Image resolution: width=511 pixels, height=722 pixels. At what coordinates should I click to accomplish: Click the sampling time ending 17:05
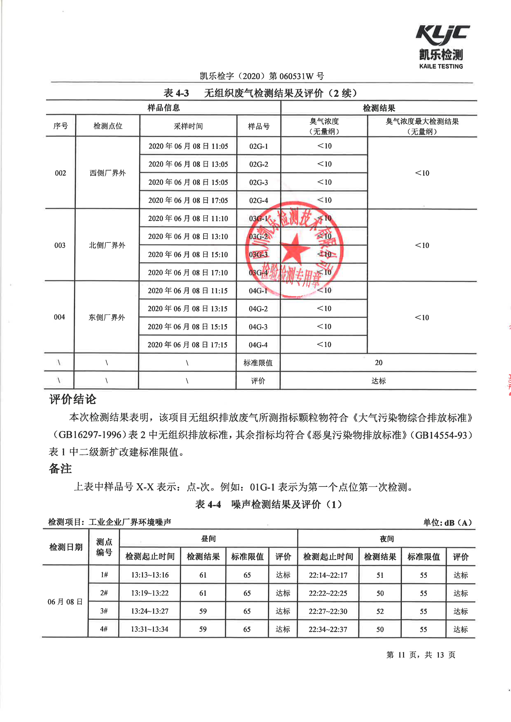[188, 200]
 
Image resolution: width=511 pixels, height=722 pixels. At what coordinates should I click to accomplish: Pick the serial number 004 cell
[60, 317]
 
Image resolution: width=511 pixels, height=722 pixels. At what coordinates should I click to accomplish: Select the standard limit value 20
[379, 363]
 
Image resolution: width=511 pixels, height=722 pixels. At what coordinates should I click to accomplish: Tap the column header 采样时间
[188, 126]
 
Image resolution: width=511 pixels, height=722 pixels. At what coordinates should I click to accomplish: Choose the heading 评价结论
[73, 399]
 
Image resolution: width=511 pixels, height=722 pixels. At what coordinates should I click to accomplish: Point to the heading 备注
[60, 468]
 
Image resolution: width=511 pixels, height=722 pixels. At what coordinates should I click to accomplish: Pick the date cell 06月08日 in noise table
[65, 602]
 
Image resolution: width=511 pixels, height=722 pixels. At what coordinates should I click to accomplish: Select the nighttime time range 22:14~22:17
[328, 575]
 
